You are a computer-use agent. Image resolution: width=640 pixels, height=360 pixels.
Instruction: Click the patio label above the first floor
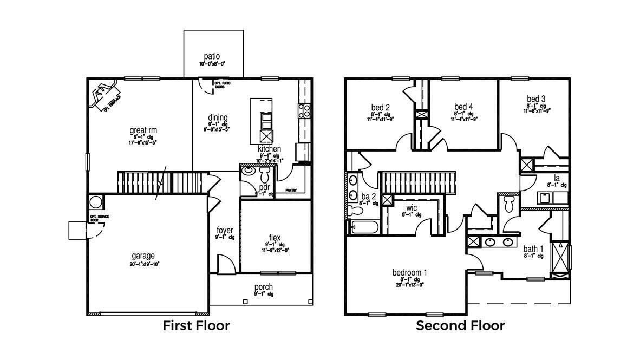coord(212,56)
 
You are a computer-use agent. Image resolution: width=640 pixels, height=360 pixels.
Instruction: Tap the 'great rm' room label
coord(142,130)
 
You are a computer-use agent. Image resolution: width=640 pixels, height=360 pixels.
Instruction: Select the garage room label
coord(143,256)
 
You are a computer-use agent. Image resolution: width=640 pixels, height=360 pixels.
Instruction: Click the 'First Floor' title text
coord(197,326)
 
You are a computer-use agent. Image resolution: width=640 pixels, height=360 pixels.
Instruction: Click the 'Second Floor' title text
coord(460,326)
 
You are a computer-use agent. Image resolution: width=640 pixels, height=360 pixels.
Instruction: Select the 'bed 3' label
coord(536,99)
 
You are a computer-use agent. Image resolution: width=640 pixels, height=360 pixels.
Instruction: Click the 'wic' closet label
coord(412,207)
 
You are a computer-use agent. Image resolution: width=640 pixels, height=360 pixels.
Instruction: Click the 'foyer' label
coord(225,230)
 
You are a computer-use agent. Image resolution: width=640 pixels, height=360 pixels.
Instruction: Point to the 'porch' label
coord(263,287)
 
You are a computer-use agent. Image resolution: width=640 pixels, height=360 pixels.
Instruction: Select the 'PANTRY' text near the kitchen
coord(291,191)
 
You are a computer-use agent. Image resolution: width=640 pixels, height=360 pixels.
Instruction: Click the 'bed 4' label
coord(463,106)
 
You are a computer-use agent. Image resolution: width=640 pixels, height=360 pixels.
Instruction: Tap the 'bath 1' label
coord(533,249)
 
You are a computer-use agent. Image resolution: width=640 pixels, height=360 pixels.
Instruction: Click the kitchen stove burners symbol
coord(304,111)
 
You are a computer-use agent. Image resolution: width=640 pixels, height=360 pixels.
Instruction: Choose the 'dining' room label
coord(218,117)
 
